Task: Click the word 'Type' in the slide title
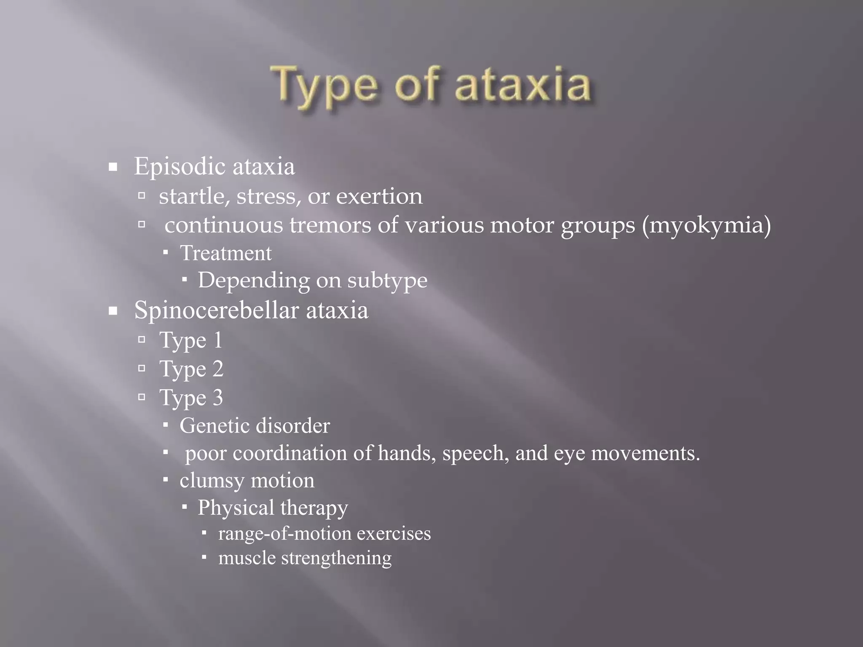tap(324, 86)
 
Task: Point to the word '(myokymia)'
tap(706, 225)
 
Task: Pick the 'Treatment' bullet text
tap(226, 253)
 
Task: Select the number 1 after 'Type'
tap(217, 340)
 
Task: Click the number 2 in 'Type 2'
tap(217, 369)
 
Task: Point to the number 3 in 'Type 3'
tap(217, 398)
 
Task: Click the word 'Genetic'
tap(214, 426)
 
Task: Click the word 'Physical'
tap(236, 508)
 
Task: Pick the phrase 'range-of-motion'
tap(284, 534)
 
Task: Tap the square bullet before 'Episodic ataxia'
tap(113, 168)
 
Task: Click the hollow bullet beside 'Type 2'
tap(142, 369)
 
